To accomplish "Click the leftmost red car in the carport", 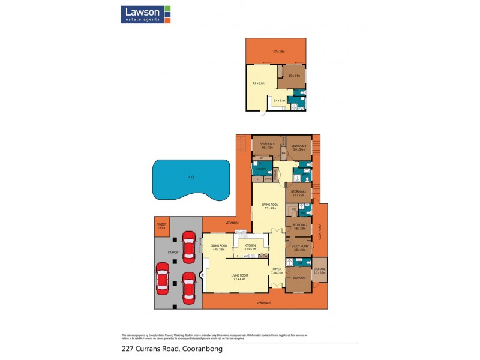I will [x=162, y=278].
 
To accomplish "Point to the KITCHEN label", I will [x=249, y=245].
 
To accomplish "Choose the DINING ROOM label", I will [x=218, y=246].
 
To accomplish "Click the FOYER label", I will [x=277, y=269].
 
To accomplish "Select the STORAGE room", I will [x=319, y=271].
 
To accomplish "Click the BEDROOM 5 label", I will [x=266, y=144].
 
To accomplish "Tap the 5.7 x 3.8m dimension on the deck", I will [x=280, y=52].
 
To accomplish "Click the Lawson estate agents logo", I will [x=146, y=14].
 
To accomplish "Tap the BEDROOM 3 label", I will [x=299, y=192].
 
